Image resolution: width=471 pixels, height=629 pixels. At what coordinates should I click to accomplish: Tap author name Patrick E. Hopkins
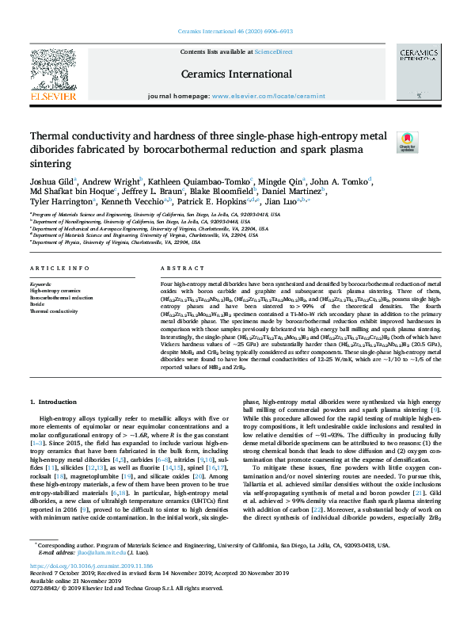[249, 201]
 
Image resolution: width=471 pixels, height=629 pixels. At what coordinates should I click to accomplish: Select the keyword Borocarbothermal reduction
[61, 297]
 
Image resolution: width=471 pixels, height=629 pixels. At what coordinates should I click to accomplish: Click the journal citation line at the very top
[236, 32]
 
